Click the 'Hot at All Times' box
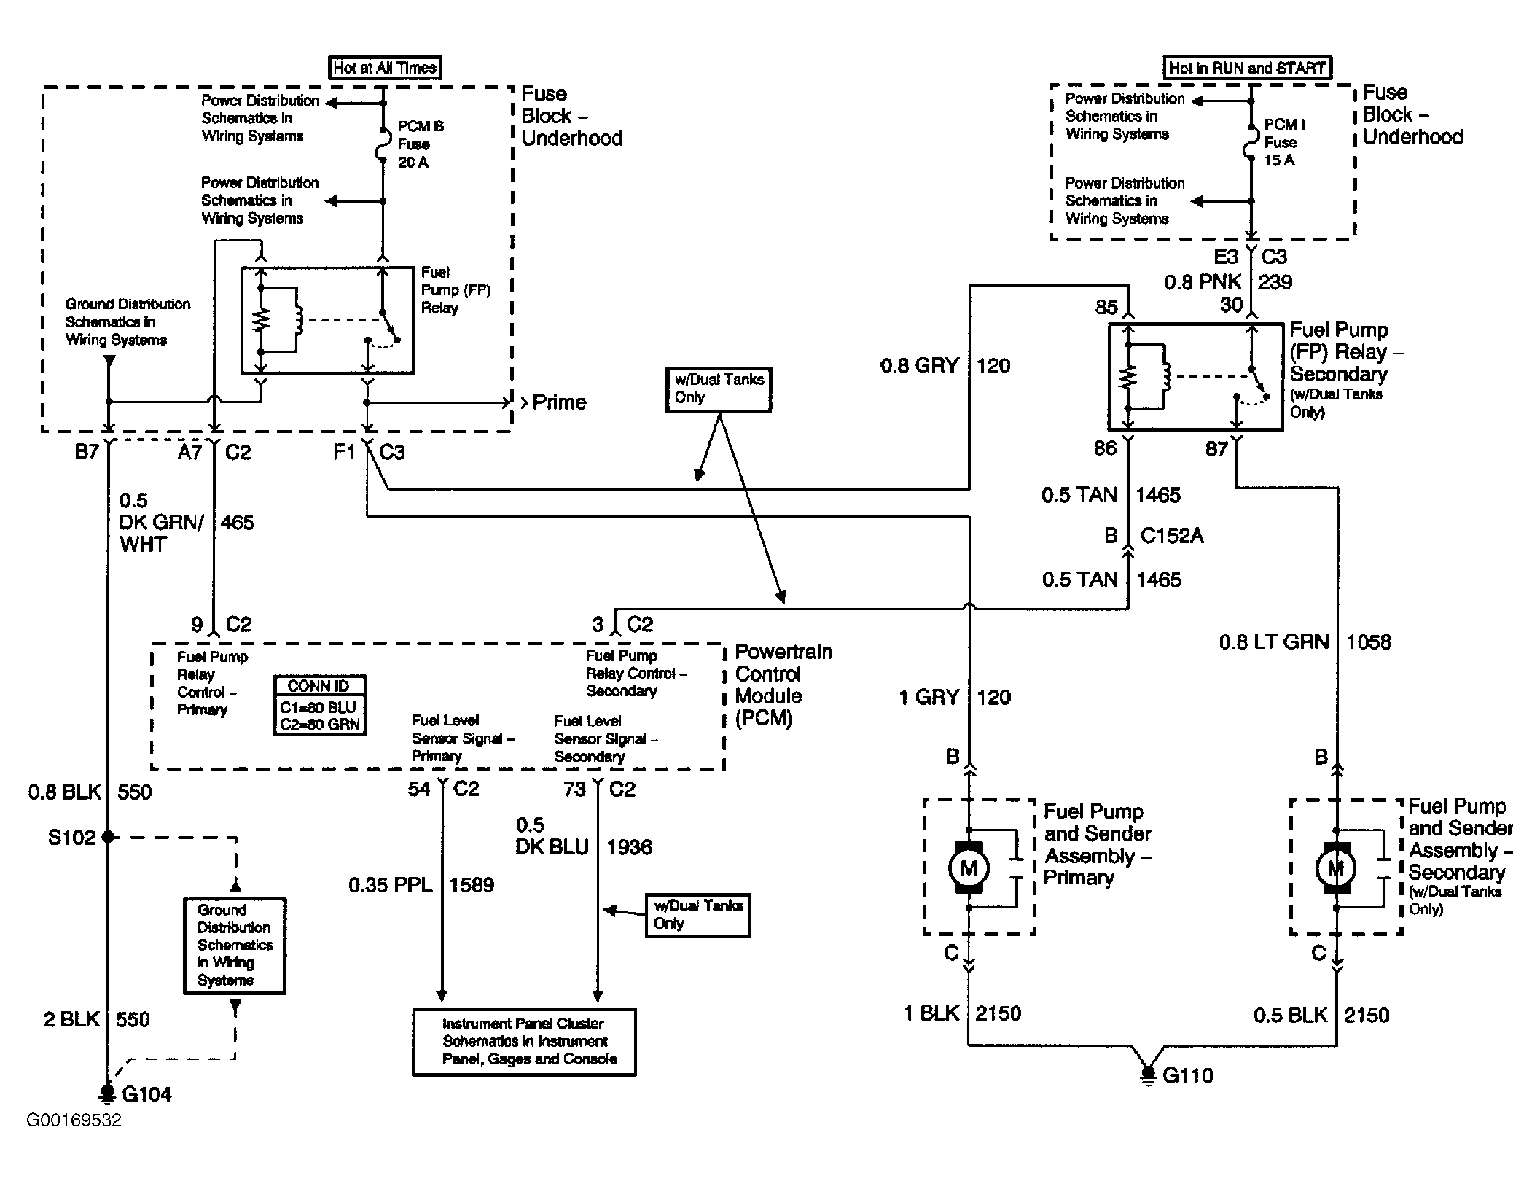click(385, 68)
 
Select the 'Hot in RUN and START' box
click(1247, 68)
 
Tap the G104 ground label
click(146, 1094)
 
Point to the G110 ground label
click(1188, 1075)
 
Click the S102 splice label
click(71, 837)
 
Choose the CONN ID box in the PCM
click(319, 705)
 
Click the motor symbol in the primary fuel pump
click(969, 868)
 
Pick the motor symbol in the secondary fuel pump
click(1336, 868)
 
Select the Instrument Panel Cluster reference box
click(524, 1042)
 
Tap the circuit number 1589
click(472, 885)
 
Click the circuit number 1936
click(629, 847)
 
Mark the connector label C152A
click(1172, 536)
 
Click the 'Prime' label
click(559, 402)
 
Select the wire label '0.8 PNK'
click(1203, 282)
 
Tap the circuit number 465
click(238, 523)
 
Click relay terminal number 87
click(1216, 448)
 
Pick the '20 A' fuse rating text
click(413, 163)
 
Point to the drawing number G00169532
click(74, 1120)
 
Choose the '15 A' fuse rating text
click(1279, 160)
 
